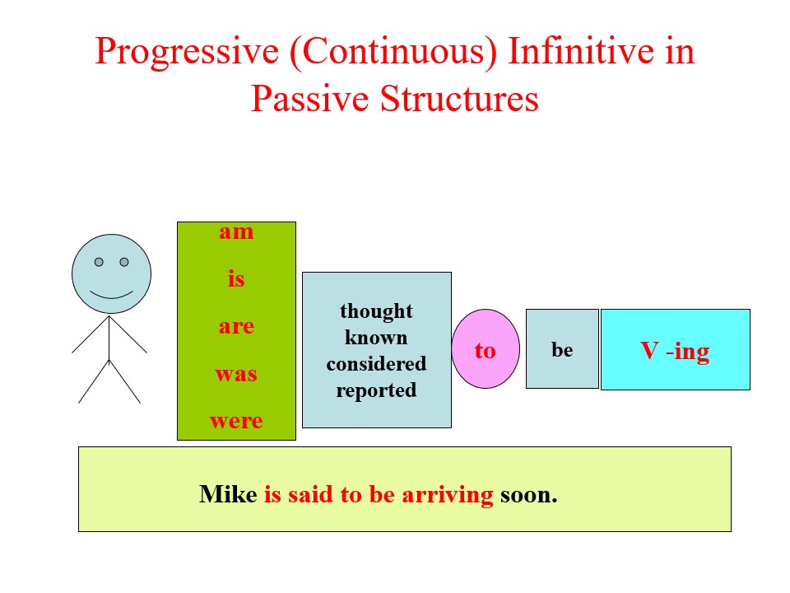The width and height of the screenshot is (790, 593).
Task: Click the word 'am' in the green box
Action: coord(236,232)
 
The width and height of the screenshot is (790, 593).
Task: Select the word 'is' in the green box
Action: coord(236,279)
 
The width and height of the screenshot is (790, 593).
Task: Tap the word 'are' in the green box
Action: coord(236,326)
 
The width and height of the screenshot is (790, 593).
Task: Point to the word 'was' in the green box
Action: coord(236,374)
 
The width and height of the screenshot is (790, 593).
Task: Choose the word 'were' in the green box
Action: coord(236,421)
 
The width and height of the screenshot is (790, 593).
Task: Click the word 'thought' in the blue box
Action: coord(376,311)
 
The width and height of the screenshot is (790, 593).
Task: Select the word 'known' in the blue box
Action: coord(376,338)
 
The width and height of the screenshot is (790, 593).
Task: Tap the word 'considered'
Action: coord(376,364)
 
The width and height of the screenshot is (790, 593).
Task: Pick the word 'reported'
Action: coord(376,390)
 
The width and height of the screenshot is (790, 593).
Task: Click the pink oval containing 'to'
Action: coord(486,349)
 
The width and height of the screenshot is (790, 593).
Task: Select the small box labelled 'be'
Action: coord(562,349)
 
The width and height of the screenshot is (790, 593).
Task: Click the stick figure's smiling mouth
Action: coord(111,294)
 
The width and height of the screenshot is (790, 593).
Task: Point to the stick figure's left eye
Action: coord(99,262)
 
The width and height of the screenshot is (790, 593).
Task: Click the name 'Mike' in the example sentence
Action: coord(228,495)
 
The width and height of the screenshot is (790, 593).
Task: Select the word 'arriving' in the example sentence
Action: coord(448,495)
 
